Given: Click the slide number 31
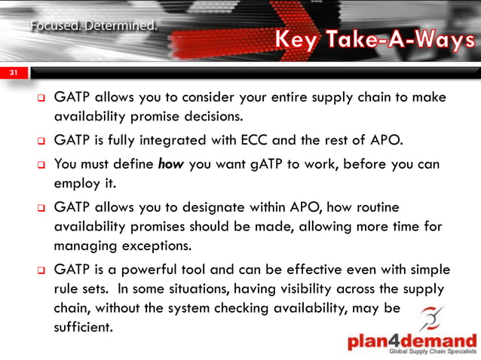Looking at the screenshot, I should pyautogui.click(x=14, y=74).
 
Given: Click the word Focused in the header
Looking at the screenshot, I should pyautogui.click(x=54, y=27).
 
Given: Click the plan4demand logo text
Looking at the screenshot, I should pyautogui.click(x=412, y=340).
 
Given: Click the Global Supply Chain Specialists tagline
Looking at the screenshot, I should pyautogui.click(x=433, y=352).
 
